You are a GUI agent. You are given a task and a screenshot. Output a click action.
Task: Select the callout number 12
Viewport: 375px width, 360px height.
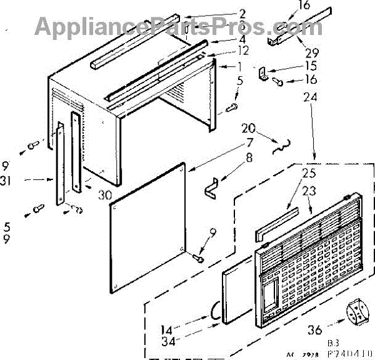pyautogui.click(x=227, y=50)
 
